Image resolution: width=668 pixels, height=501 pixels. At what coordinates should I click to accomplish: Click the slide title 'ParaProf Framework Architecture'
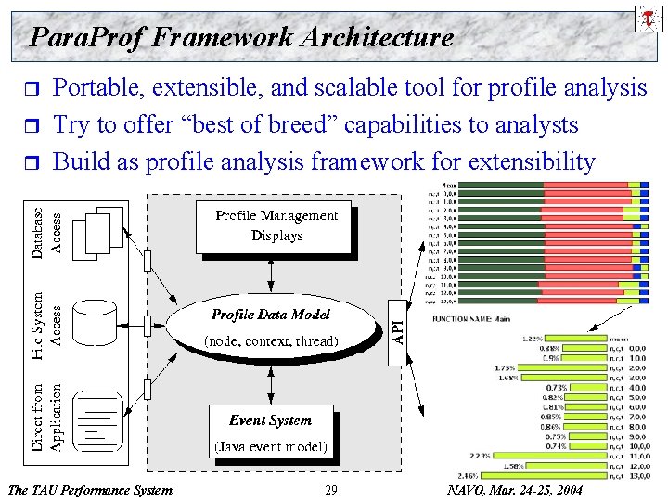tap(241, 37)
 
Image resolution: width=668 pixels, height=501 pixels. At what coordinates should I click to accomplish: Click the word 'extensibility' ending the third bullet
tap(531, 161)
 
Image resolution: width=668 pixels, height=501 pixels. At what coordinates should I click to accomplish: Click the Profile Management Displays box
tap(274, 226)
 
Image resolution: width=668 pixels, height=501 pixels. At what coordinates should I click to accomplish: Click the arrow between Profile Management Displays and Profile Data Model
tap(270, 273)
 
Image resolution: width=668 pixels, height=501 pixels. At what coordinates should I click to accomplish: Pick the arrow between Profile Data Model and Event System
tap(270, 384)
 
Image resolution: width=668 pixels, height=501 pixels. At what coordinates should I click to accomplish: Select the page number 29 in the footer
tap(331, 489)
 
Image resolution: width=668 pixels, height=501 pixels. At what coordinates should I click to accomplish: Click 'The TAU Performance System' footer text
tap(89, 489)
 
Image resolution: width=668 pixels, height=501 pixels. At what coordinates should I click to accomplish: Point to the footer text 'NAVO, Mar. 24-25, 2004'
tap(515, 489)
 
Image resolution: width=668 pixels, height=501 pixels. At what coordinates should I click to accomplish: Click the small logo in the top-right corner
tap(646, 17)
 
